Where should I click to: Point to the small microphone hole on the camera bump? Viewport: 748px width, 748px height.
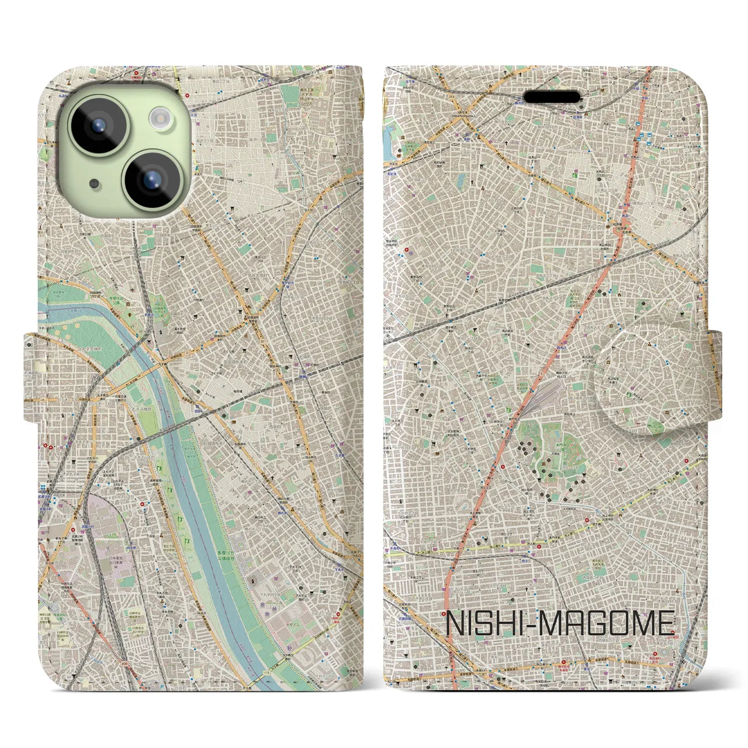94,183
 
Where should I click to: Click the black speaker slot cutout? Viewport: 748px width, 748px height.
552,96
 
